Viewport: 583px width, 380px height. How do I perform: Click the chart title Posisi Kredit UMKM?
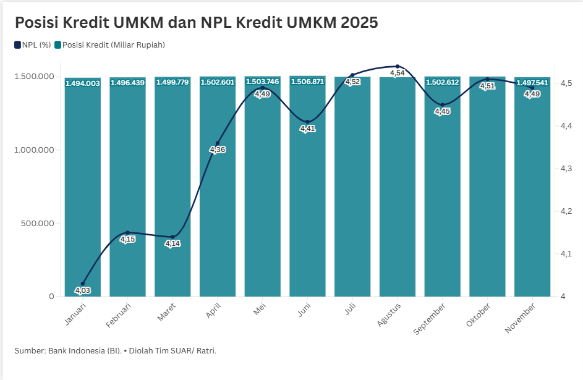pos(196,23)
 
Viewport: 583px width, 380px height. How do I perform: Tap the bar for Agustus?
pos(397,185)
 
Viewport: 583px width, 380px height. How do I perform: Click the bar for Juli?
pos(352,185)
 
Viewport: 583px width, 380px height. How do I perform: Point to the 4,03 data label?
pos(82,290)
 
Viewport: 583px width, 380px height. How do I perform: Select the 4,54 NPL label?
pos(398,74)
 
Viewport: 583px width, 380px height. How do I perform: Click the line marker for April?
pos(218,143)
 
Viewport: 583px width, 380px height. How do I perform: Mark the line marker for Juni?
pos(307,122)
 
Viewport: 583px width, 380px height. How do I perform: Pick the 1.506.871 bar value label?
pos(307,82)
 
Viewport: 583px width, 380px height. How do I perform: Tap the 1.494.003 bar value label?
pos(83,83)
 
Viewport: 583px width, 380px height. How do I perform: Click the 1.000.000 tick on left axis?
pos(35,150)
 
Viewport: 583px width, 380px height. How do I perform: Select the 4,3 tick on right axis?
pos(567,169)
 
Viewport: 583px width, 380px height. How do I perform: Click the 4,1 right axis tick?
pos(567,254)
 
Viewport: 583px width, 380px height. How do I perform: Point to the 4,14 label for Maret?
pos(172,244)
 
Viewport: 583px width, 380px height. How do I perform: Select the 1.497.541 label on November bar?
pos(532,83)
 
